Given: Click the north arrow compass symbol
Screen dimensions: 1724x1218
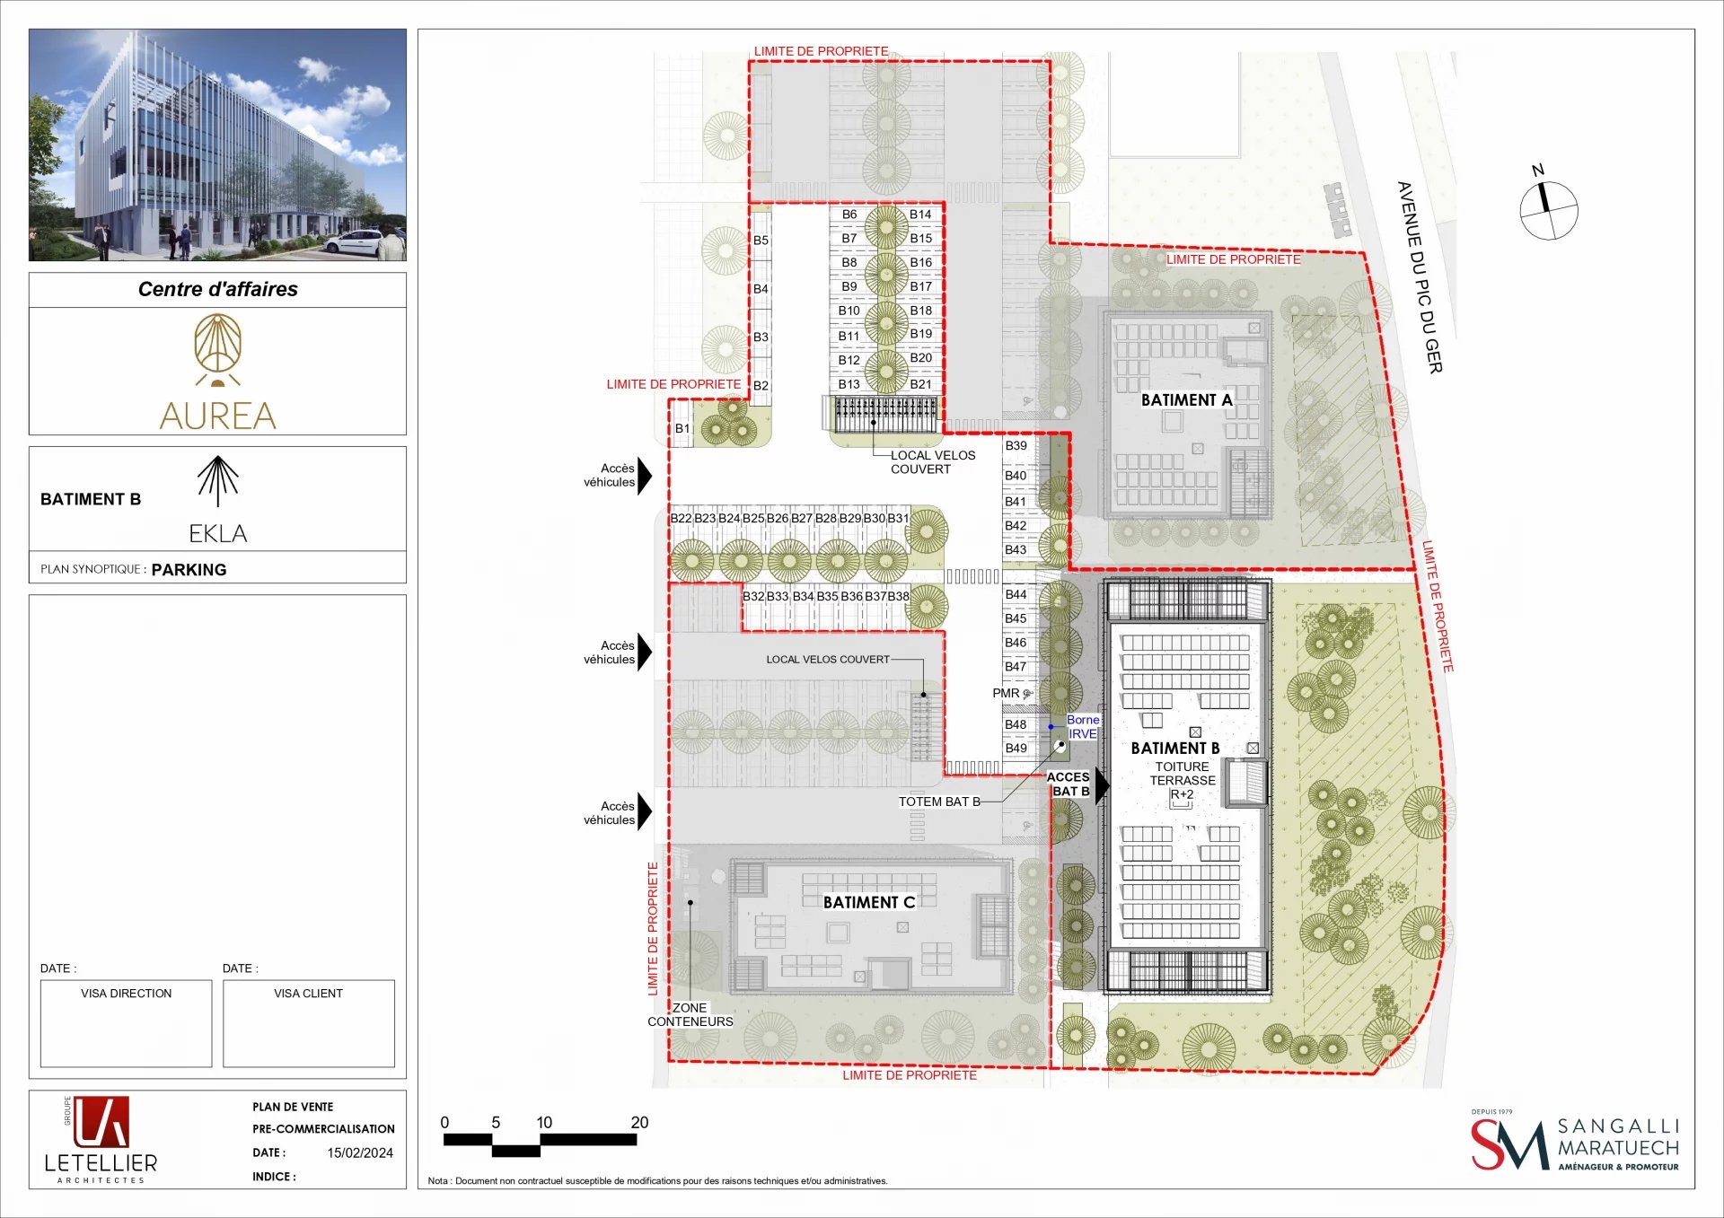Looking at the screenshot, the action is click(1548, 210).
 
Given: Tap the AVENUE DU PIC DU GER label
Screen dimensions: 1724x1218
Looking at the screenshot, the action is click(1420, 277).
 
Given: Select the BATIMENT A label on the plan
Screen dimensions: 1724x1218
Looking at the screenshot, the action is click(1186, 400).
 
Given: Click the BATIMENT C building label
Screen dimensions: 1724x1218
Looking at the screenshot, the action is click(869, 902).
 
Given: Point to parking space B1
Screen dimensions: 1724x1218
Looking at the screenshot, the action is click(682, 428).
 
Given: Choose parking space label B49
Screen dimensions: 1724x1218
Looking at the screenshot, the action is click(1016, 748).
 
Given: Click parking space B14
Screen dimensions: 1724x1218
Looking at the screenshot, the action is click(920, 215).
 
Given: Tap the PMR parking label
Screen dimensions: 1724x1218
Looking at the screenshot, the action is click(1006, 693).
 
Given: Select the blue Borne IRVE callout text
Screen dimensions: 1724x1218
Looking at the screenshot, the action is click(1082, 726).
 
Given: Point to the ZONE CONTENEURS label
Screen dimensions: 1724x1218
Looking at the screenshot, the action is click(690, 1014).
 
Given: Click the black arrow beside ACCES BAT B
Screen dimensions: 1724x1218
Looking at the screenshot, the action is click(1103, 784).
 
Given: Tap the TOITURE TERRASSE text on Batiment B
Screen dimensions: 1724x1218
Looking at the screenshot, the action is click(1183, 774).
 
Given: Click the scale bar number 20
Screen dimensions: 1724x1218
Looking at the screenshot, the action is click(639, 1122).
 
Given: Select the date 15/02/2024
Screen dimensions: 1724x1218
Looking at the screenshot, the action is click(360, 1152).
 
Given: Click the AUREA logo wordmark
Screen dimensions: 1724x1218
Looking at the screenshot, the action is click(218, 416).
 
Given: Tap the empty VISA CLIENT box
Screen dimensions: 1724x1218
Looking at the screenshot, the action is click(309, 1023).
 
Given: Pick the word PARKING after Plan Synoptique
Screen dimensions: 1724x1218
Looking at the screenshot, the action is click(189, 570).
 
